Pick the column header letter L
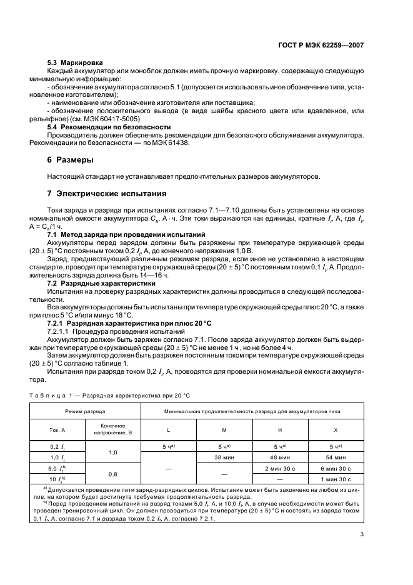coord(168,431)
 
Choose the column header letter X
coord(336,431)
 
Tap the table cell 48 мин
coord(280,457)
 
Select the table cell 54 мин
coord(336,457)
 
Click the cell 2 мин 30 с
coord(280,468)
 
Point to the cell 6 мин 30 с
coord(336,468)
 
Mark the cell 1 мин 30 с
coord(336,479)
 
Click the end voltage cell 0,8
coord(113,474)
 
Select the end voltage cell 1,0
coord(113,452)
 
